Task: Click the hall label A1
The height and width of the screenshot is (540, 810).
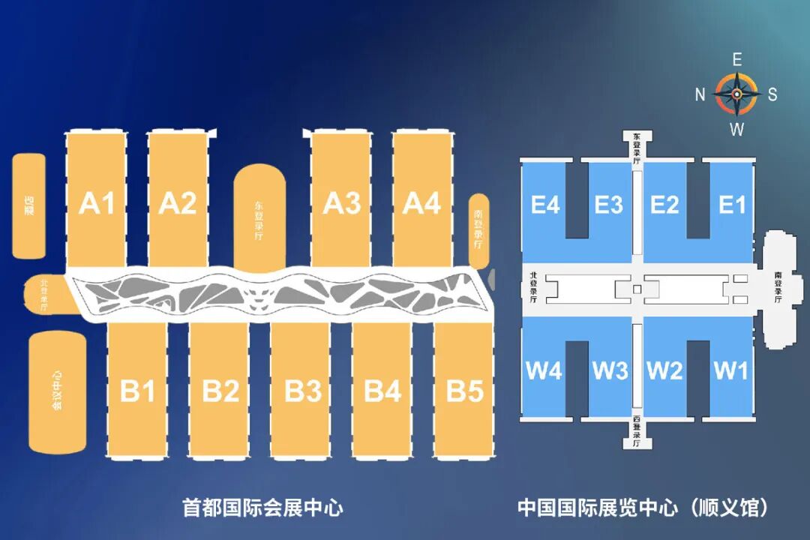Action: click(x=97, y=203)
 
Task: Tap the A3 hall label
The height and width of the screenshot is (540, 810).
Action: click(x=341, y=203)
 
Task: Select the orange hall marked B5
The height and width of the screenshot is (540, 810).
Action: click(x=465, y=391)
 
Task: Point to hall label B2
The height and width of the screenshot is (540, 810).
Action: click(x=220, y=391)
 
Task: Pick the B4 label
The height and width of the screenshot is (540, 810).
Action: click(x=382, y=391)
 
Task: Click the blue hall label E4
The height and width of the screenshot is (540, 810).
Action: click(x=545, y=205)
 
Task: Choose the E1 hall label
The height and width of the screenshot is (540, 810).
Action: click(x=732, y=205)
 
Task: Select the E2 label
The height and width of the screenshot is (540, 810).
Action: click(x=664, y=205)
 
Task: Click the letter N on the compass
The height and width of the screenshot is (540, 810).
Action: click(x=700, y=94)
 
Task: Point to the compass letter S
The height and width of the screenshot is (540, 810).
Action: click(x=772, y=94)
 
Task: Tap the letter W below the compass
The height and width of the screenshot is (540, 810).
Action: click(x=736, y=129)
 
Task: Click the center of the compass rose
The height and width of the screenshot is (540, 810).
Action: click(x=736, y=94)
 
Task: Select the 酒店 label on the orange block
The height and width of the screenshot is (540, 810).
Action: click(x=29, y=204)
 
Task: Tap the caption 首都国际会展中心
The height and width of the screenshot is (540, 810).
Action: click(x=263, y=508)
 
